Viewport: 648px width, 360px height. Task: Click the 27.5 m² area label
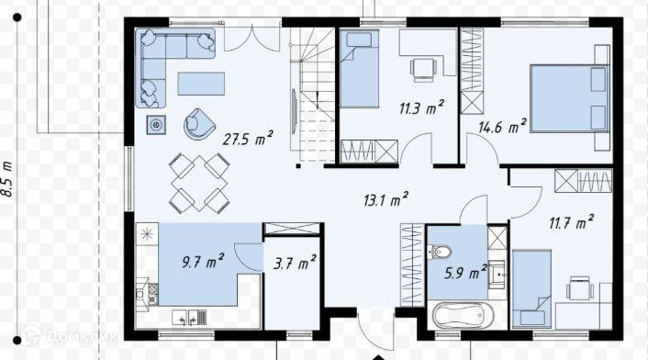click(248, 138)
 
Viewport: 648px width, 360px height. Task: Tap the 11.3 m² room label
click(421, 107)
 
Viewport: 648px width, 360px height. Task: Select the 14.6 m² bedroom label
click(502, 126)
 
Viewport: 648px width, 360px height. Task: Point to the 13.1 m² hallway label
click(386, 199)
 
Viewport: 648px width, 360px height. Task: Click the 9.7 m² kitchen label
click(203, 261)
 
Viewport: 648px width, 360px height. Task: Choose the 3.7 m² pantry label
click(295, 263)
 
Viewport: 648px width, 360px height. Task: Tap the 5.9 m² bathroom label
click(465, 272)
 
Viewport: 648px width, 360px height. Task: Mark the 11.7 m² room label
click(571, 222)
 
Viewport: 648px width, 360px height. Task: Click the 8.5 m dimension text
click(7, 179)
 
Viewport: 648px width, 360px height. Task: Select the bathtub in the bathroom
click(463, 316)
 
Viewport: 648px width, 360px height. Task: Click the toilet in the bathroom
click(440, 252)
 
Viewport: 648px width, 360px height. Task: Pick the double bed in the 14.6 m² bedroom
click(570, 97)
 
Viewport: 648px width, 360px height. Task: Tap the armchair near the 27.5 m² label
click(199, 124)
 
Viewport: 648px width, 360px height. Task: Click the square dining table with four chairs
click(199, 183)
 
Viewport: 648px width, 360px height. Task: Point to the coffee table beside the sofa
click(201, 84)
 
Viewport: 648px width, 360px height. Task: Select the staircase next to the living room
click(312, 96)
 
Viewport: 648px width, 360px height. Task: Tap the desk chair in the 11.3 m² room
click(423, 69)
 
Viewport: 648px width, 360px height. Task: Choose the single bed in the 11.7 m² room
click(531, 288)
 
